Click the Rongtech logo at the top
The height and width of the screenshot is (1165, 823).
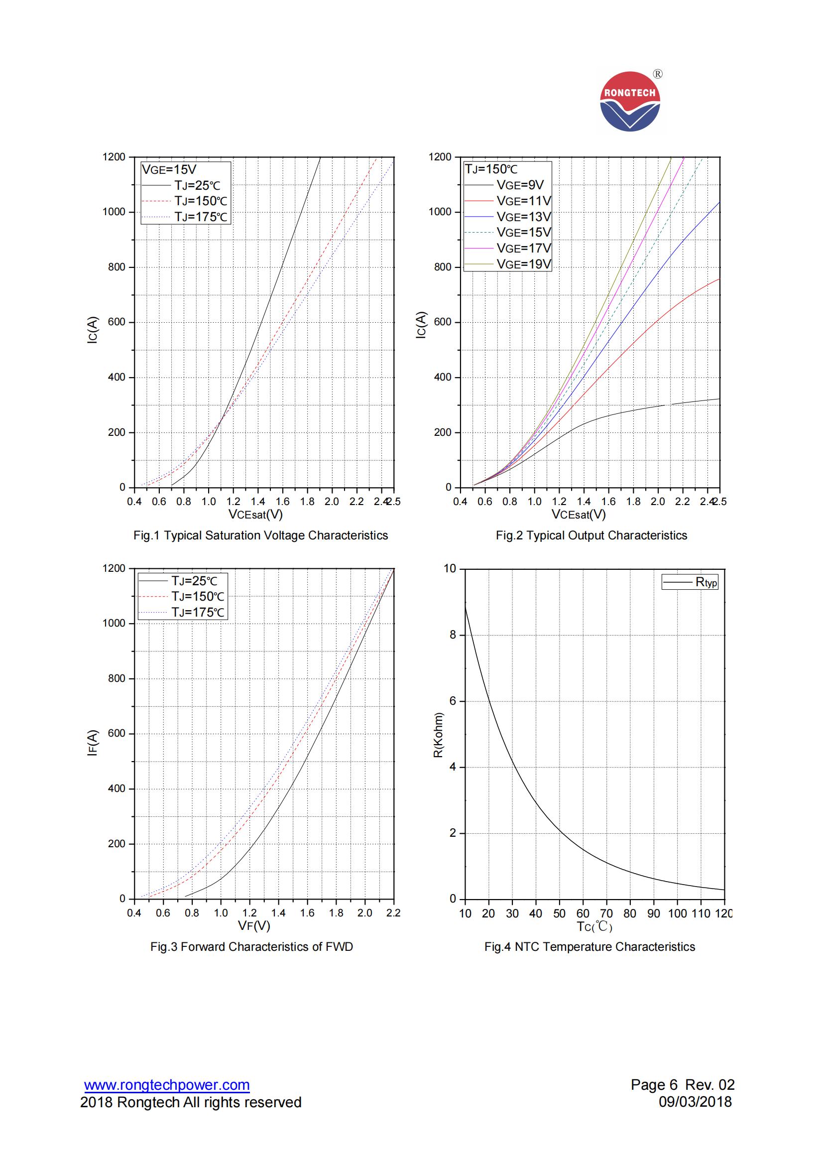pyautogui.click(x=630, y=102)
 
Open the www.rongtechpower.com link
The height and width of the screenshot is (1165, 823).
pyautogui.click(x=167, y=1085)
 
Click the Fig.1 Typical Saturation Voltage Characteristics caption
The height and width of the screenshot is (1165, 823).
pyautogui.click(x=261, y=535)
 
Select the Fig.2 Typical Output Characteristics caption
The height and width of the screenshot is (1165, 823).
pyautogui.click(x=591, y=535)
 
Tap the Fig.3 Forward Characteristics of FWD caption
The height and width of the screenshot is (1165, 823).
pyautogui.click(x=251, y=946)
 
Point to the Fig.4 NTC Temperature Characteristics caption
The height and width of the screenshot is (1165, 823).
pyautogui.click(x=589, y=946)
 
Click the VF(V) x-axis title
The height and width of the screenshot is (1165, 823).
pyautogui.click(x=254, y=926)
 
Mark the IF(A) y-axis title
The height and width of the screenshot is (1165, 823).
pyautogui.click(x=92, y=743)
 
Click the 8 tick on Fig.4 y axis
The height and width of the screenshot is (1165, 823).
pyautogui.click(x=453, y=635)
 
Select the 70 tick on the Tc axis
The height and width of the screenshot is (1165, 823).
pyautogui.click(x=606, y=913)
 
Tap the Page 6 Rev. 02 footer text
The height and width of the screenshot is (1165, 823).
pyautogui.click(x=682, y=1085)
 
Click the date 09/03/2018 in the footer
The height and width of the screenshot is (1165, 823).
pyautogui.click(x=695, y=1102)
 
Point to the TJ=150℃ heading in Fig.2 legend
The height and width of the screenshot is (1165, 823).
pyautogui.click(x=491, y=169)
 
